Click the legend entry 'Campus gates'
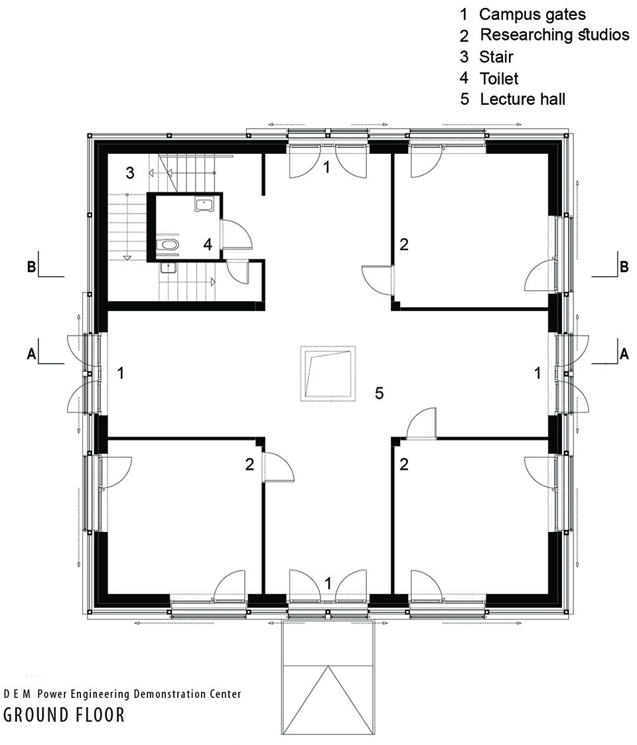[532, 14]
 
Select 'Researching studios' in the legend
[554, 34]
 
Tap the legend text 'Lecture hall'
[522, 99]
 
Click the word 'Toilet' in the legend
[499, 78]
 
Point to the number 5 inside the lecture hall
[379, 393]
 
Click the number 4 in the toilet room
[208, 244]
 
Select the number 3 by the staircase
[130, 173]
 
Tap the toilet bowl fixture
[168, 245]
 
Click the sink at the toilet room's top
[204, 205]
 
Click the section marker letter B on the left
[31, 267]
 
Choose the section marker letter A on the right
[624, 354]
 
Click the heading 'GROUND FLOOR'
[64, 715]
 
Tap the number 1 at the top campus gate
[326, 167]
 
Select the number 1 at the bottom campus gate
[328, 583]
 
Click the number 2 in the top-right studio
[403, 244]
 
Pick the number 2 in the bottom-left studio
[249, 464]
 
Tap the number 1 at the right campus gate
[537, 373]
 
